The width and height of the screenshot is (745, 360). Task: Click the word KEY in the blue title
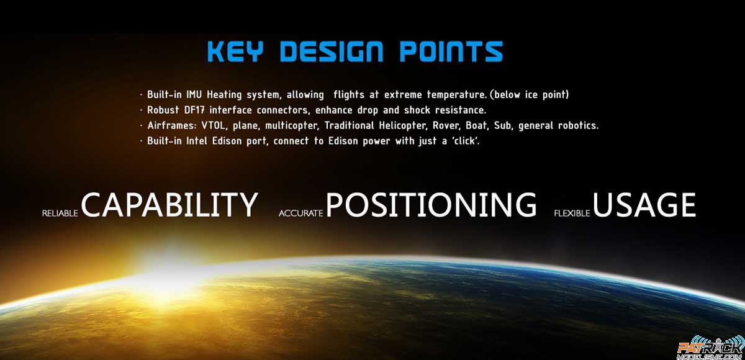tap(235, 52)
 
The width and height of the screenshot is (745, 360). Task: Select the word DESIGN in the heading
tap(332, 52)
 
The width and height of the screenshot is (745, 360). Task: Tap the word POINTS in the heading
tap(451, 52)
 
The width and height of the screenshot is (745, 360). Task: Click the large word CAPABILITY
tap(169, 204)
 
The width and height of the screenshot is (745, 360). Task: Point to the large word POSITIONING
tap(431, 204)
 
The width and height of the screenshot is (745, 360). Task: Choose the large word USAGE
tap(644, 204)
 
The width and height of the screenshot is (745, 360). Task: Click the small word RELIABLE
tap(60, 214)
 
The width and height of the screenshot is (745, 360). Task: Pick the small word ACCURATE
tap(301, 214)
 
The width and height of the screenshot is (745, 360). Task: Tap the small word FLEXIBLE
tap(572, 214)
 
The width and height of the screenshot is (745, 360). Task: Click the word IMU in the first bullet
tap(194, 94)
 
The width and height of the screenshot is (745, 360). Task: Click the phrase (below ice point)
tap(529, 95)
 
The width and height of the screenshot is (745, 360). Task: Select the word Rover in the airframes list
tap(446, 125)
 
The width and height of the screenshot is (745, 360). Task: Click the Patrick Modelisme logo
tap(710, 348)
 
